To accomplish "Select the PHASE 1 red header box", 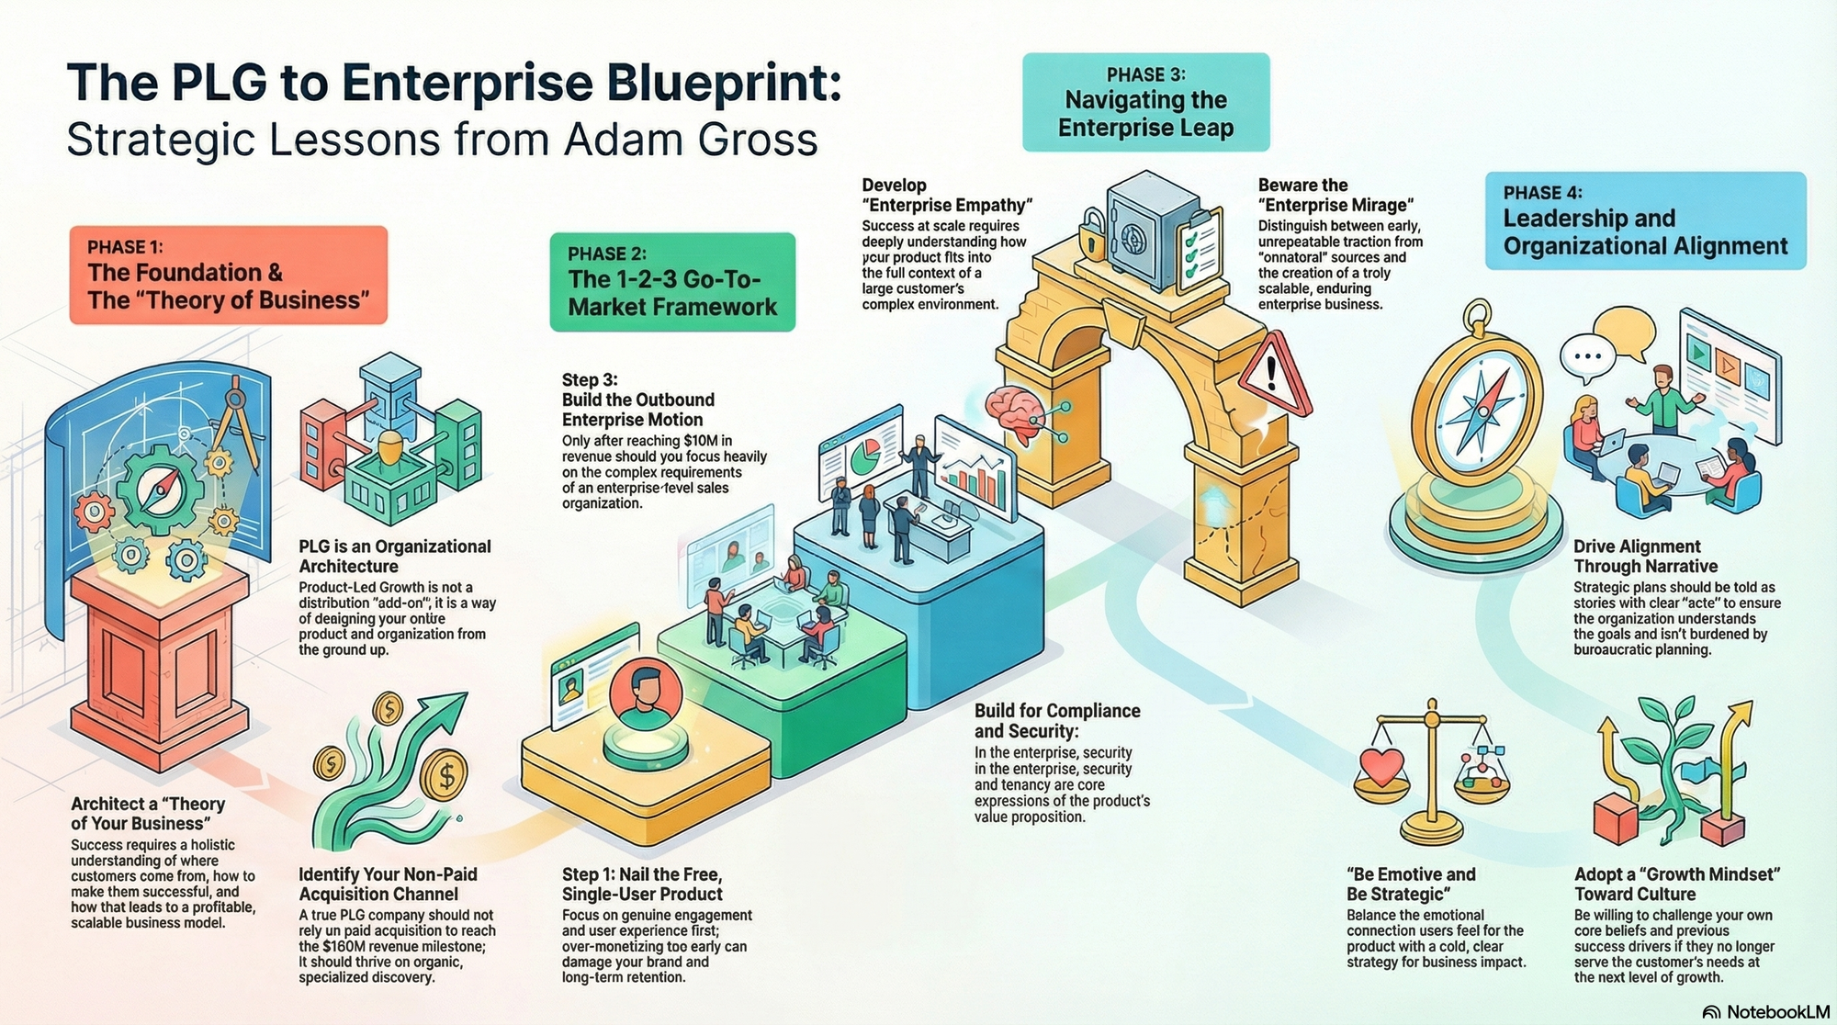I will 228,275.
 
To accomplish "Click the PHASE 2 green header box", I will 672,281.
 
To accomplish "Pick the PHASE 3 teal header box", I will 1145,102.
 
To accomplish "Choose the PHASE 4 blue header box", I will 1645,220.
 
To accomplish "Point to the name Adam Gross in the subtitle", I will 691,140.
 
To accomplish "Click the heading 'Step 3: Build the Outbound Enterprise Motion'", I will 637,400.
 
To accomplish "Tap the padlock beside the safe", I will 1090,233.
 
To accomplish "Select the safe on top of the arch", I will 1152,224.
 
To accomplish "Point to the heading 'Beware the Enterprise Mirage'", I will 1335,195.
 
